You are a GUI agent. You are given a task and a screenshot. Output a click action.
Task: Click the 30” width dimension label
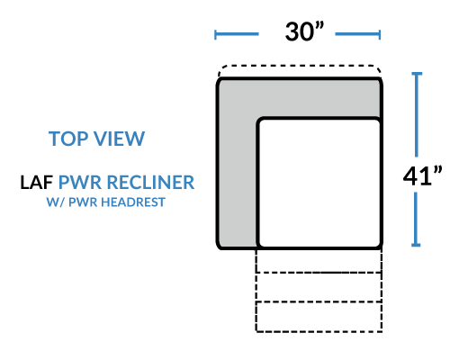pos(304,31)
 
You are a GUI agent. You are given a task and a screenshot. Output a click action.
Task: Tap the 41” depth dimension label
pos(422,175)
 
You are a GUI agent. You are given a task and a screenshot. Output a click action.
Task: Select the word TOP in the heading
pos(69,139)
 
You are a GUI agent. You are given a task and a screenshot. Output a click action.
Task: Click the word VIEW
pos(120,139)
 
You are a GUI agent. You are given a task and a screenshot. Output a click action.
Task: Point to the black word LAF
pos(37,182)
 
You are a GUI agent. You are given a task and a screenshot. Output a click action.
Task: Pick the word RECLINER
pos(150,182)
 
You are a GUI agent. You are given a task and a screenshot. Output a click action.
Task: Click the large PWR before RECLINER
pos(80,182)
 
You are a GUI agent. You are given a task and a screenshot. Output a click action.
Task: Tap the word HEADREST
pos(133,202)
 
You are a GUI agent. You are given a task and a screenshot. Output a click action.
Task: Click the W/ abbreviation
pos(56,202)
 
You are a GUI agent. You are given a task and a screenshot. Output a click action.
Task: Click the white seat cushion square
pos(319,184)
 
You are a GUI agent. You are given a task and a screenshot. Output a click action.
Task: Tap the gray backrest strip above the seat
pos(299,98)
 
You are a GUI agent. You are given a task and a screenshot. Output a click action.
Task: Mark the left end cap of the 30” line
pos(215,34)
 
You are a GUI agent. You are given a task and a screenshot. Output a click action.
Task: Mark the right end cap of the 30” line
pos(380,34)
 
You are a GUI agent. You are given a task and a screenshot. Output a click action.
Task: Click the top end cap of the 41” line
pos(417,74)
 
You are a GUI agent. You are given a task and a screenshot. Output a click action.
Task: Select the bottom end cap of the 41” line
pos(416,245)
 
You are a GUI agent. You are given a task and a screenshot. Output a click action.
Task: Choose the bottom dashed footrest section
pos(319,317)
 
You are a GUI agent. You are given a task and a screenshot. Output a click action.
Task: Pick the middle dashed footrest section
pos(319,287)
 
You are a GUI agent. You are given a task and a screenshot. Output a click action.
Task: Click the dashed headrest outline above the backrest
pos(300,65)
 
